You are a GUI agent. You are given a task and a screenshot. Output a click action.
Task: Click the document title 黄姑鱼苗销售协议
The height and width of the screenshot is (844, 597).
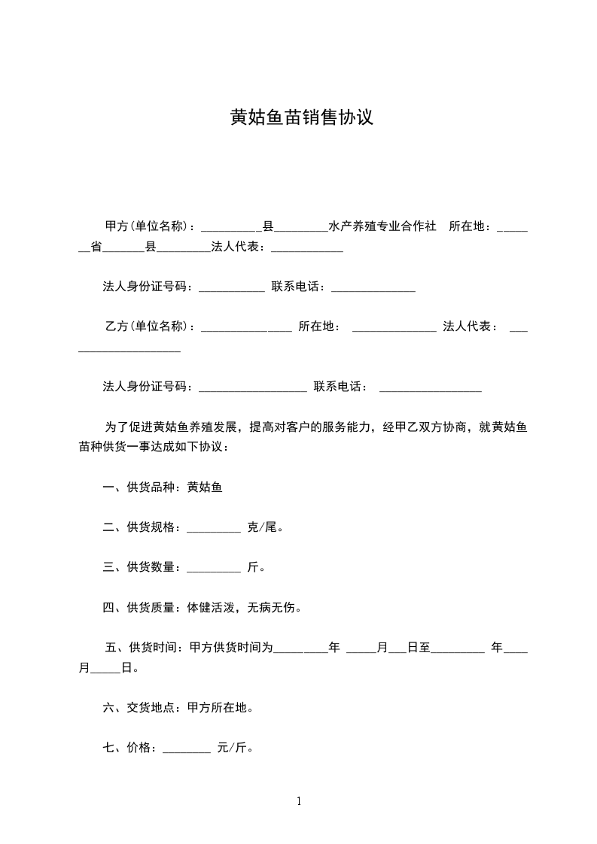(x=301, y=118)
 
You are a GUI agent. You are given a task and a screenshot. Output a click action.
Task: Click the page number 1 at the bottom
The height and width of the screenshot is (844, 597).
(x=299, y=801)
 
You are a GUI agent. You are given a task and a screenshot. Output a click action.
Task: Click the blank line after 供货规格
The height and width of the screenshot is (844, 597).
(x=213, y=527)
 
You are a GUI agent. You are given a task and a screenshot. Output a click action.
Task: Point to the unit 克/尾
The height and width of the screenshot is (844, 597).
(x=265, y=527)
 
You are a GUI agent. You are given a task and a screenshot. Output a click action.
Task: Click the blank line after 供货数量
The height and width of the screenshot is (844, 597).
(x=213, y=567)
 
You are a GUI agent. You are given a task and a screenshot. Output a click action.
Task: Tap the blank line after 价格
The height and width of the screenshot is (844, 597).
(x=186, y=748)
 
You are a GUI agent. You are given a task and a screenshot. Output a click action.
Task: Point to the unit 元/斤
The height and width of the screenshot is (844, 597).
(x=234, y=748)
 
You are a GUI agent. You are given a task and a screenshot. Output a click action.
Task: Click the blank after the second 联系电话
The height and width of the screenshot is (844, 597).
(x=430, y=387)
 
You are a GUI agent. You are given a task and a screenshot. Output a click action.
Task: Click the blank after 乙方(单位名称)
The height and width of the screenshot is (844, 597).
(x=246, y=326)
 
